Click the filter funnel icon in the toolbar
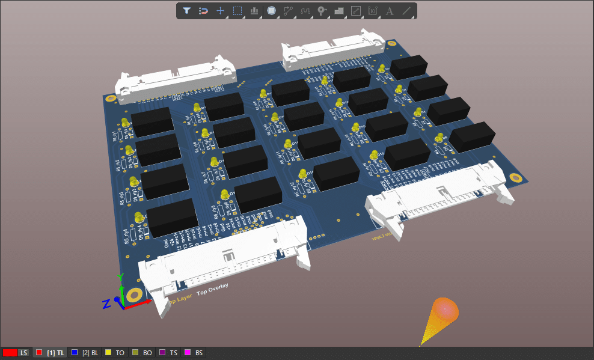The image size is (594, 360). pyautogui.click(x=187, y=11)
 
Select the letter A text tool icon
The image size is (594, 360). pyautogui.click(x=389, y=11)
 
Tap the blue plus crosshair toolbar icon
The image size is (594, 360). pyautogui.click(x=221, y=11)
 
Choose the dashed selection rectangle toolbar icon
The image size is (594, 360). pyautogui.click(x=237, y=11)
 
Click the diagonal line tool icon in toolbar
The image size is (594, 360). pyautogui.click(x=406, y=11)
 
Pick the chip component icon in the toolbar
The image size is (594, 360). pyautogui.click(x=271, y=11)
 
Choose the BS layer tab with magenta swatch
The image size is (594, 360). pyautogui.click(x=194, y=353)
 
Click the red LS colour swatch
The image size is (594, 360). pyautogui.click(x=10, y=353)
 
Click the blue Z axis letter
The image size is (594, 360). pyautogui.click(x=106, y=304)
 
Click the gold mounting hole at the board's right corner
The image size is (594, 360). pyautogui.click(x=515, y=178)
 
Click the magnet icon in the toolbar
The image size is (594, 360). pyautogui.click(x=204, y=11)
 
